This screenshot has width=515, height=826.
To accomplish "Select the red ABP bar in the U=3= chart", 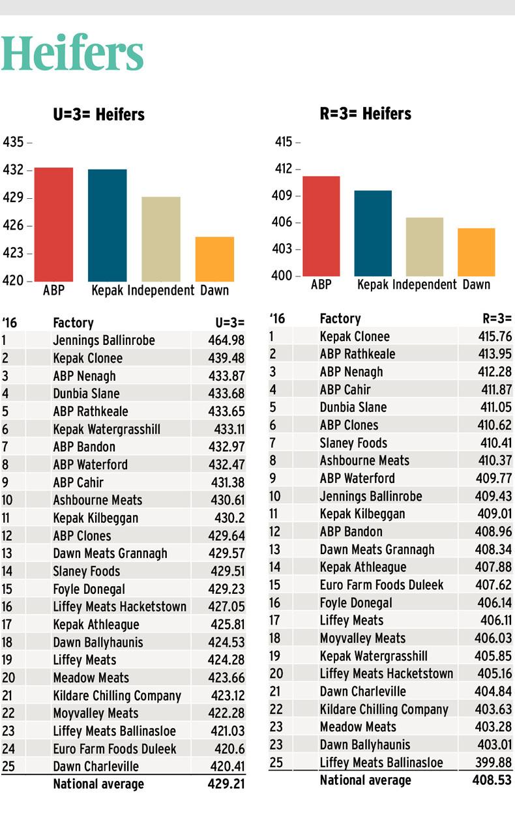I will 53,224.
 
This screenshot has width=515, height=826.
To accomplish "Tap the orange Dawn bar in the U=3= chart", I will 214,259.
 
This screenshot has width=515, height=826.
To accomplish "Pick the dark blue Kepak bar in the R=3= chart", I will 373,233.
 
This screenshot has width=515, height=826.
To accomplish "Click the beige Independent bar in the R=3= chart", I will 424,246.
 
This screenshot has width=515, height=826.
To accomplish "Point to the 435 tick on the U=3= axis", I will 14,142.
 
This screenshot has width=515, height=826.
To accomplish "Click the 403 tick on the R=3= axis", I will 282,249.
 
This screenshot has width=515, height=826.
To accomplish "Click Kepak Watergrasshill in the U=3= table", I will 106,429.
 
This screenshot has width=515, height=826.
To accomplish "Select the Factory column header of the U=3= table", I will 73,323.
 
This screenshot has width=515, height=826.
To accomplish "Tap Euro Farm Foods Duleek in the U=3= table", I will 115,748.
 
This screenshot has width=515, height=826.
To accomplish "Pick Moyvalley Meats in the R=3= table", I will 362,638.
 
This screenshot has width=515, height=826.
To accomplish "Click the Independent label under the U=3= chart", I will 160,291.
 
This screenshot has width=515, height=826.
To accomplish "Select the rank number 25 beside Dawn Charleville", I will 8,766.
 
